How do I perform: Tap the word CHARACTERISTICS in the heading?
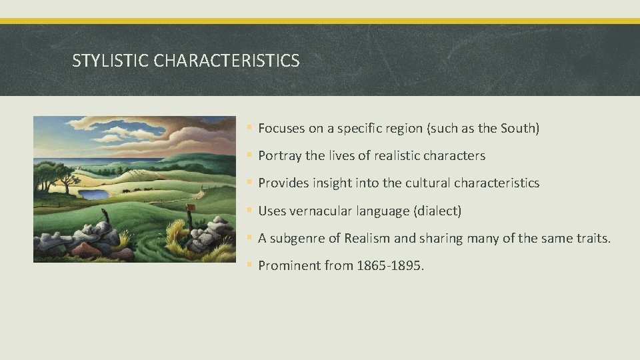227,61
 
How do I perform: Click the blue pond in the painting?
94,195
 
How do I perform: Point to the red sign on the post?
189,208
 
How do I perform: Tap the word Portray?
280,156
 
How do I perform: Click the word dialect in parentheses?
437,211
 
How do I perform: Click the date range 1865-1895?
388,266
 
